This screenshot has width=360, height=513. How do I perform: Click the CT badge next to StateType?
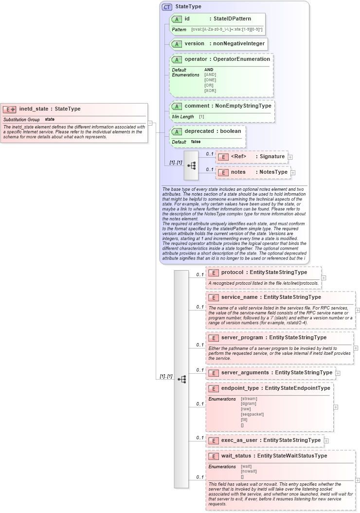tap(167, 7)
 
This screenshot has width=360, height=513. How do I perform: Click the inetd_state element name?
tap(34, 109)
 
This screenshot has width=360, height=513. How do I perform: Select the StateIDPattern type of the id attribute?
tap(232, 18)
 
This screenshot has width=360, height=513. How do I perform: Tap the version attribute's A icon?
tap(177, 44)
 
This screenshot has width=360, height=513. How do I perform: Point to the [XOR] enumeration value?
tap(210, 91)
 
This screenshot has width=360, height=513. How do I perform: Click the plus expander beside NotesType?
tap(293, 172)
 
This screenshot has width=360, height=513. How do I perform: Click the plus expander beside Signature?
tap(290, 157)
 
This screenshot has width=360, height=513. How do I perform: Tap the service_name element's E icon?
tap(213, 297)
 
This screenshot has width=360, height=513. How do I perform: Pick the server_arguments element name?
tap(245, 372)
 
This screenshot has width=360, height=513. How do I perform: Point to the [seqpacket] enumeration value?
tap(252, 414)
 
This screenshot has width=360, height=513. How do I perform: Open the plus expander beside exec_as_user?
tap(326, 440)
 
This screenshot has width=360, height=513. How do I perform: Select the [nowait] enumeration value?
tap(249, 471)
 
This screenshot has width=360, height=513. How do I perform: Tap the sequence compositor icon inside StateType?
tap(191, 165)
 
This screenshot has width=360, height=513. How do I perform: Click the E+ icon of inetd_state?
tap(10, 110)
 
